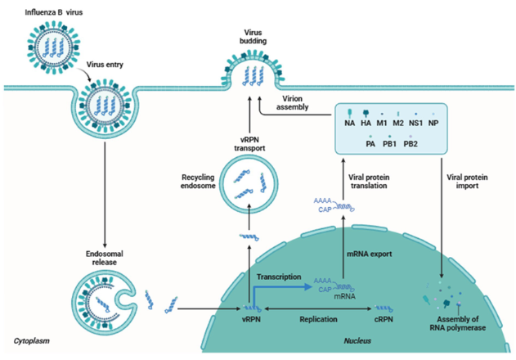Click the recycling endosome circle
(249, 185)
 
